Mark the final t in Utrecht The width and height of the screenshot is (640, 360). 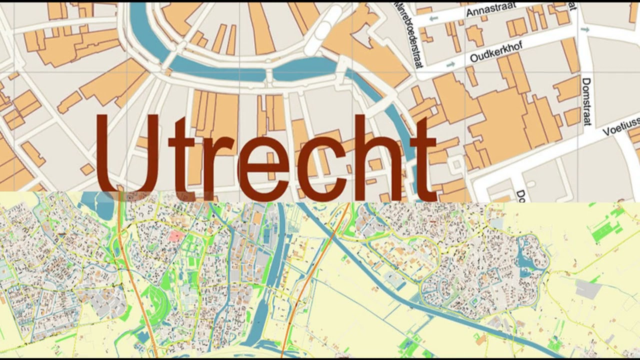click(x=423, y=160)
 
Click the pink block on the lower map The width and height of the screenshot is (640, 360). click(x=174, y=236)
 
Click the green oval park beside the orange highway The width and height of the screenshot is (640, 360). click(x=159, y=300)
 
